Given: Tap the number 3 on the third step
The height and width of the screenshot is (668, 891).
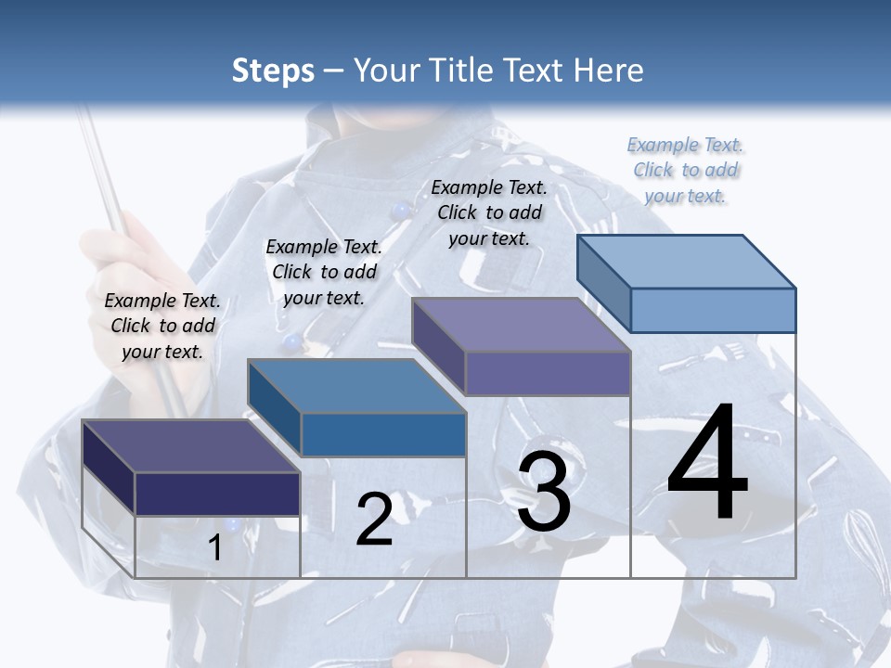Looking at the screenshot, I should coord(544,492).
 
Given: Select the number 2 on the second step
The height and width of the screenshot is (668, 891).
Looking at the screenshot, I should coord(374,520).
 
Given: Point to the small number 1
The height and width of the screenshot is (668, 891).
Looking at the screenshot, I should coord(214,548).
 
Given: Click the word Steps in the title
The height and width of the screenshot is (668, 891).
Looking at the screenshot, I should coord(273,71).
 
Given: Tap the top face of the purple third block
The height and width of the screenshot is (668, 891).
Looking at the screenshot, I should coord(522,325).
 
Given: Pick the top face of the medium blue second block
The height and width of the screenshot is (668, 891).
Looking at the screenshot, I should coord(356,385).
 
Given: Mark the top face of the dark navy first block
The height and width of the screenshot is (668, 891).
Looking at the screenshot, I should coord(190,445).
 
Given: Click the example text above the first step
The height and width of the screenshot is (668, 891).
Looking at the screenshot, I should coord(162,326).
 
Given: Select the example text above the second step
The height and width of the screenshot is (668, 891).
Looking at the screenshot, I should coord(324,272).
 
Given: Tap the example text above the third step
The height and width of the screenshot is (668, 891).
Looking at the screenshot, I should coord(489,212).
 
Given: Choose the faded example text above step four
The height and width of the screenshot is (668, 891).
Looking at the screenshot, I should coord(685,170).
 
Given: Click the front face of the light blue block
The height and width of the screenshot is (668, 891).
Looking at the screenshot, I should coord(713,310).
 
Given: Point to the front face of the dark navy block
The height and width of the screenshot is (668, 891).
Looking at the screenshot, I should coord(217,494).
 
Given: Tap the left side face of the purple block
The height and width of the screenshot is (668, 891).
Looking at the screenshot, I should coord(438,346).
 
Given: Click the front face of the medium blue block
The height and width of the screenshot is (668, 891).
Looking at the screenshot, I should coord(383,434).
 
